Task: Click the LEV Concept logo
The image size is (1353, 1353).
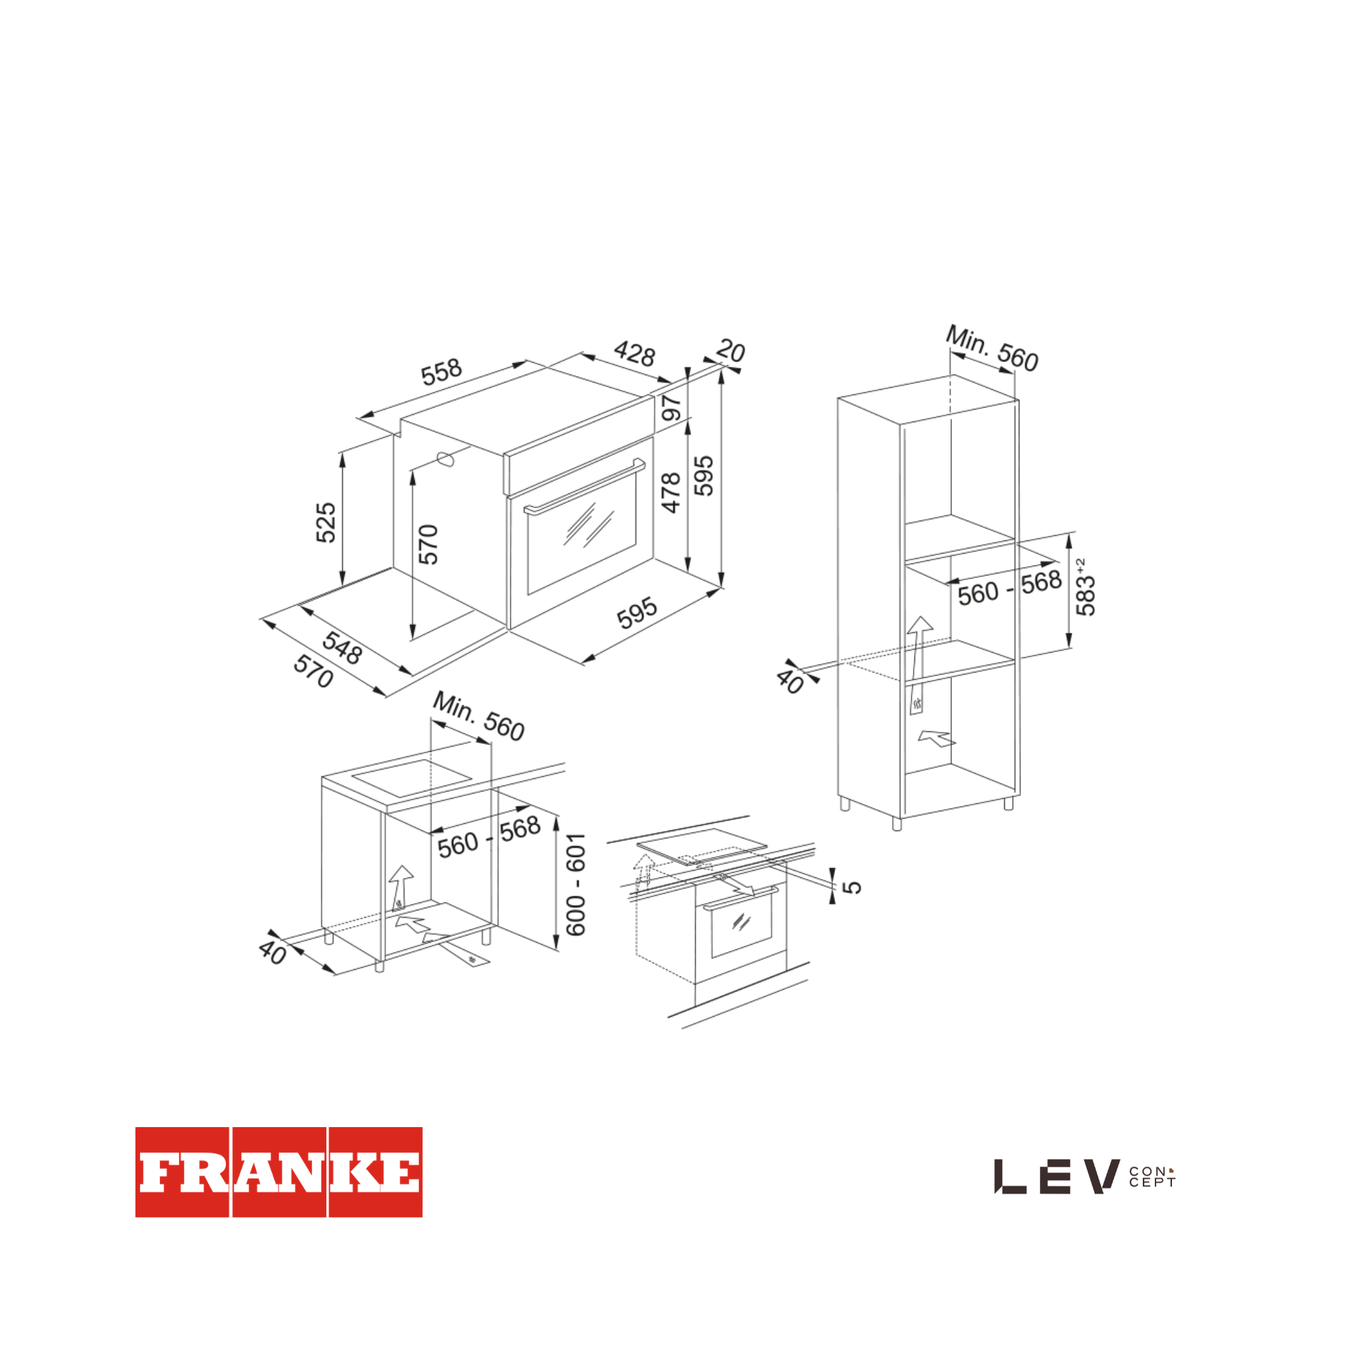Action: pos(1085,1176)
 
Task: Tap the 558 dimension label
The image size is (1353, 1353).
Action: pos(441,372)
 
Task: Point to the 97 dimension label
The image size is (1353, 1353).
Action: pos(672,407)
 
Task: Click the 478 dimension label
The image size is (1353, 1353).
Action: pos(671,492)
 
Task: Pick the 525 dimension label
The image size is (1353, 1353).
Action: pos(326,523)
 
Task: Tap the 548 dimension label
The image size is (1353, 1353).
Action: pos(342,647)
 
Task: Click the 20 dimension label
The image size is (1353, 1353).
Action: pos(731,350)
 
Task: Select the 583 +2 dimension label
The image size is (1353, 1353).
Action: pos(1085,587)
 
